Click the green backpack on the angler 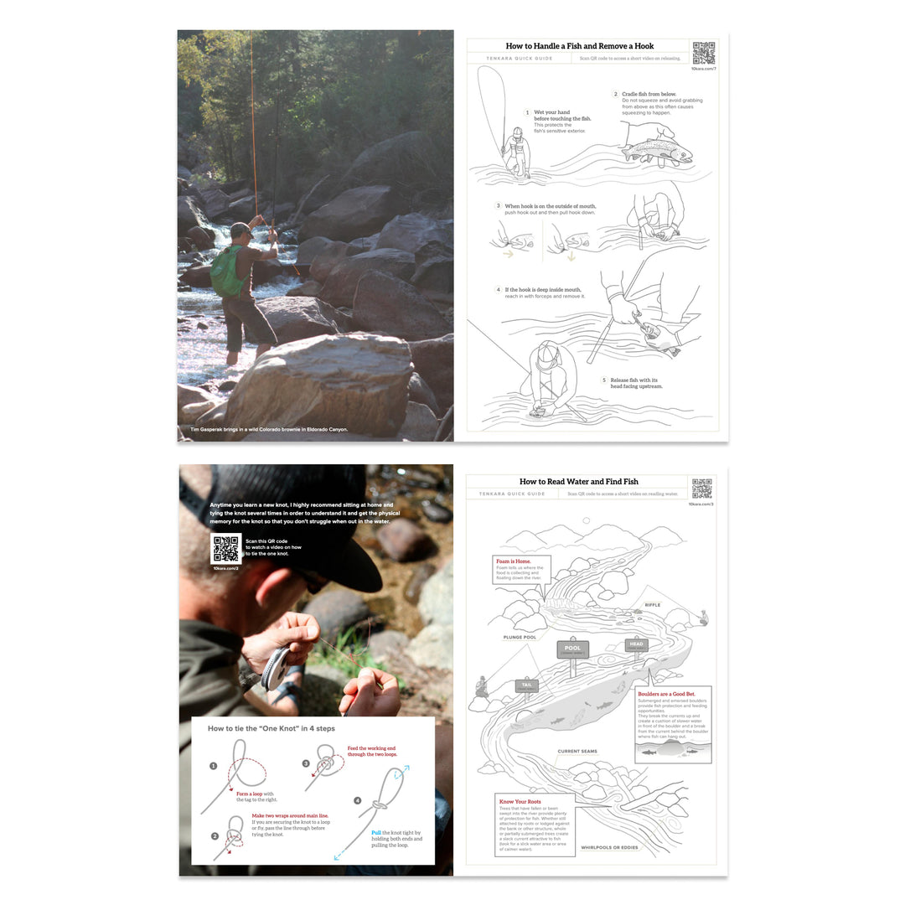(x=225, y=271)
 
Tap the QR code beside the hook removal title (x=703, y=53)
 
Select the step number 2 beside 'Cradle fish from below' (x=615, y=95)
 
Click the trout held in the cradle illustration (x=657, y=152)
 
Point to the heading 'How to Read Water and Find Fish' (x=578, y=482)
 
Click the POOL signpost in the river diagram (x=573, y=649)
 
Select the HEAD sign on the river (x=636, y=644)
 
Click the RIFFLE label (x=652, y=605)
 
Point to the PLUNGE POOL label (x=520, y=637)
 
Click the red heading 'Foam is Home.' (x=513, y=561)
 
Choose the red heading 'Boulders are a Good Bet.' (x=666, y=694)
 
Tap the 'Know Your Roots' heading (x=520, y=802)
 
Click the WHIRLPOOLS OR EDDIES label (x=609, y=847)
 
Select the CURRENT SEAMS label (x=577, y=751)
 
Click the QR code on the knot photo (x=225, y=549)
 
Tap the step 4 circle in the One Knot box (x=358, y=800)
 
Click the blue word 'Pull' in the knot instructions (x=376, y=833)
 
